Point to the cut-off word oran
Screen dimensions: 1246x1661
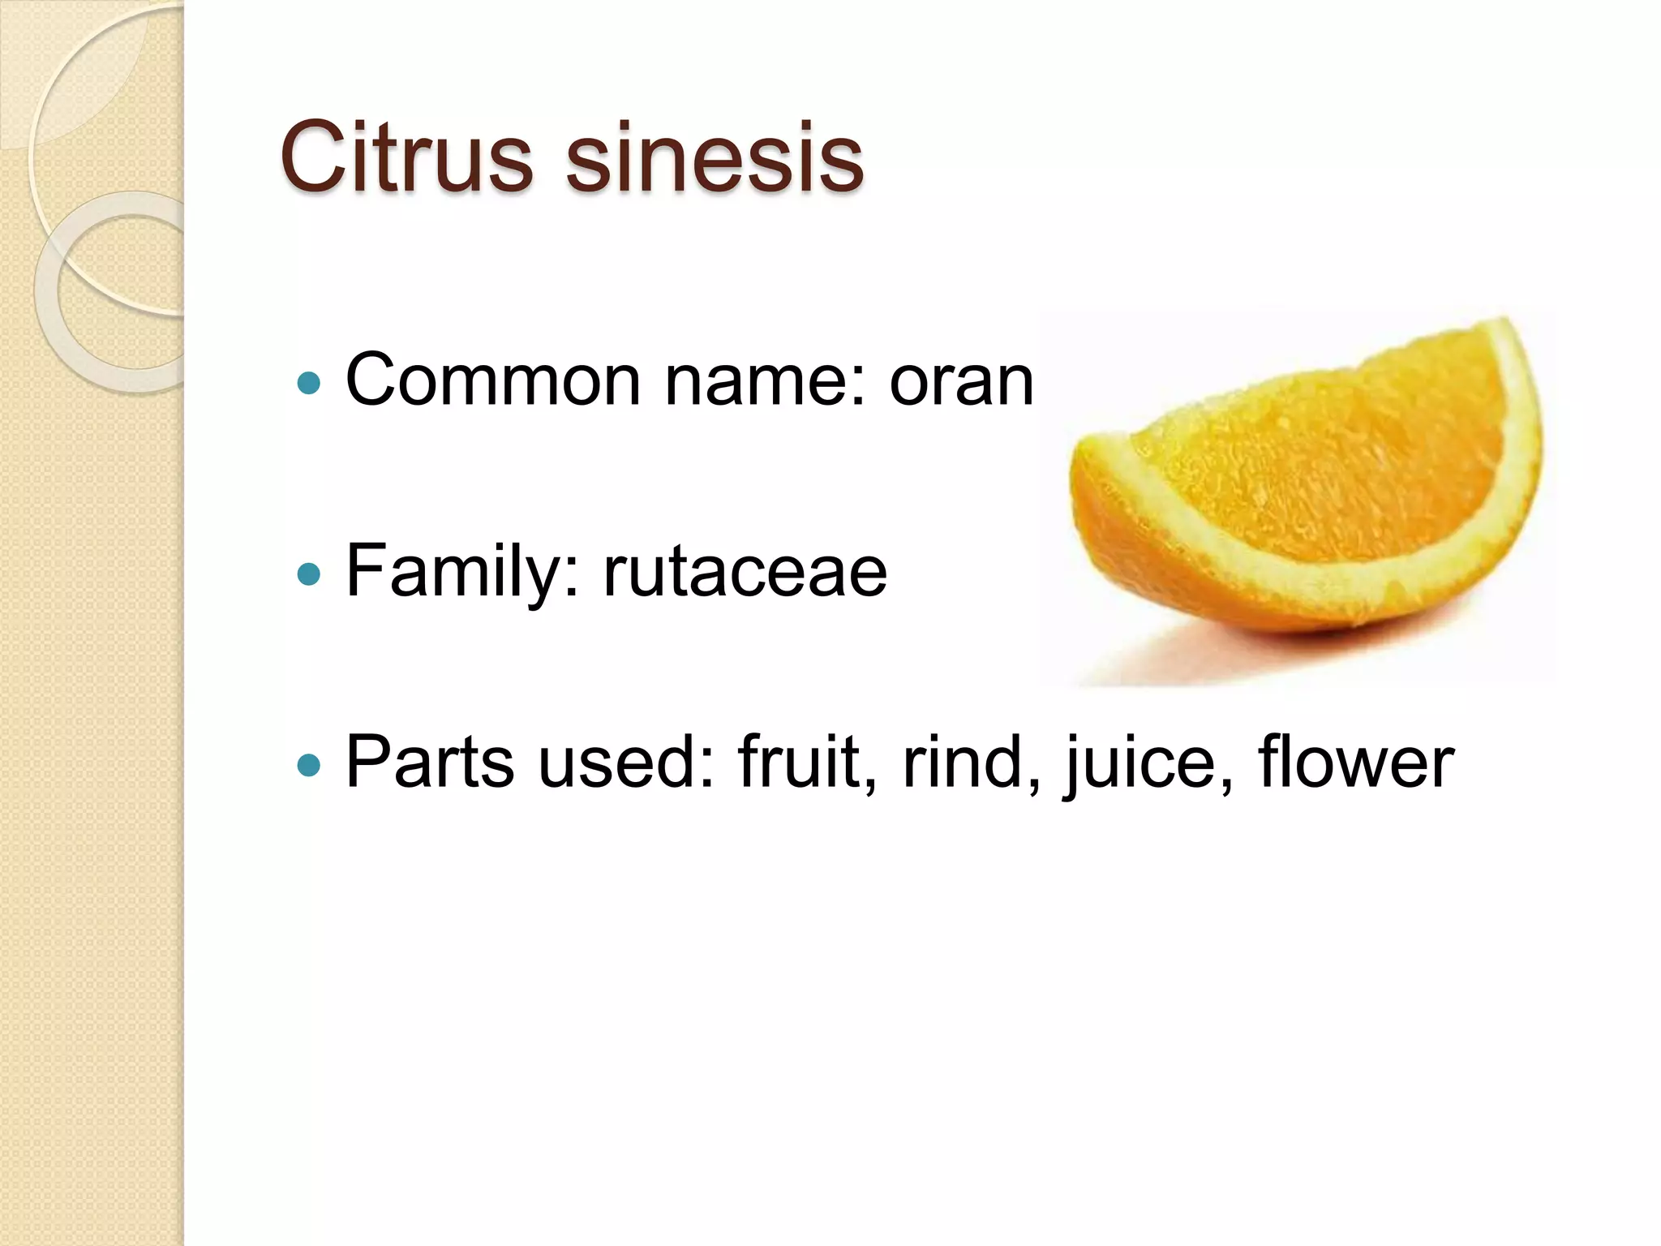tap(961, 381)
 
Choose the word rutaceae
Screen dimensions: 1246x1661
tap(745, 572)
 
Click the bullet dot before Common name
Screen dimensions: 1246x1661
tap(309, 382)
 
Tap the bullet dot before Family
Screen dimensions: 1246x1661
tap(309, 574)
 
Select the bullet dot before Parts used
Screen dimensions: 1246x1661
tap(309, 764)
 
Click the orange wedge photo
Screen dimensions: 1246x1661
tap(1306, 479)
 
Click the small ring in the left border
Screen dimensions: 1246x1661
tap(122, 292)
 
